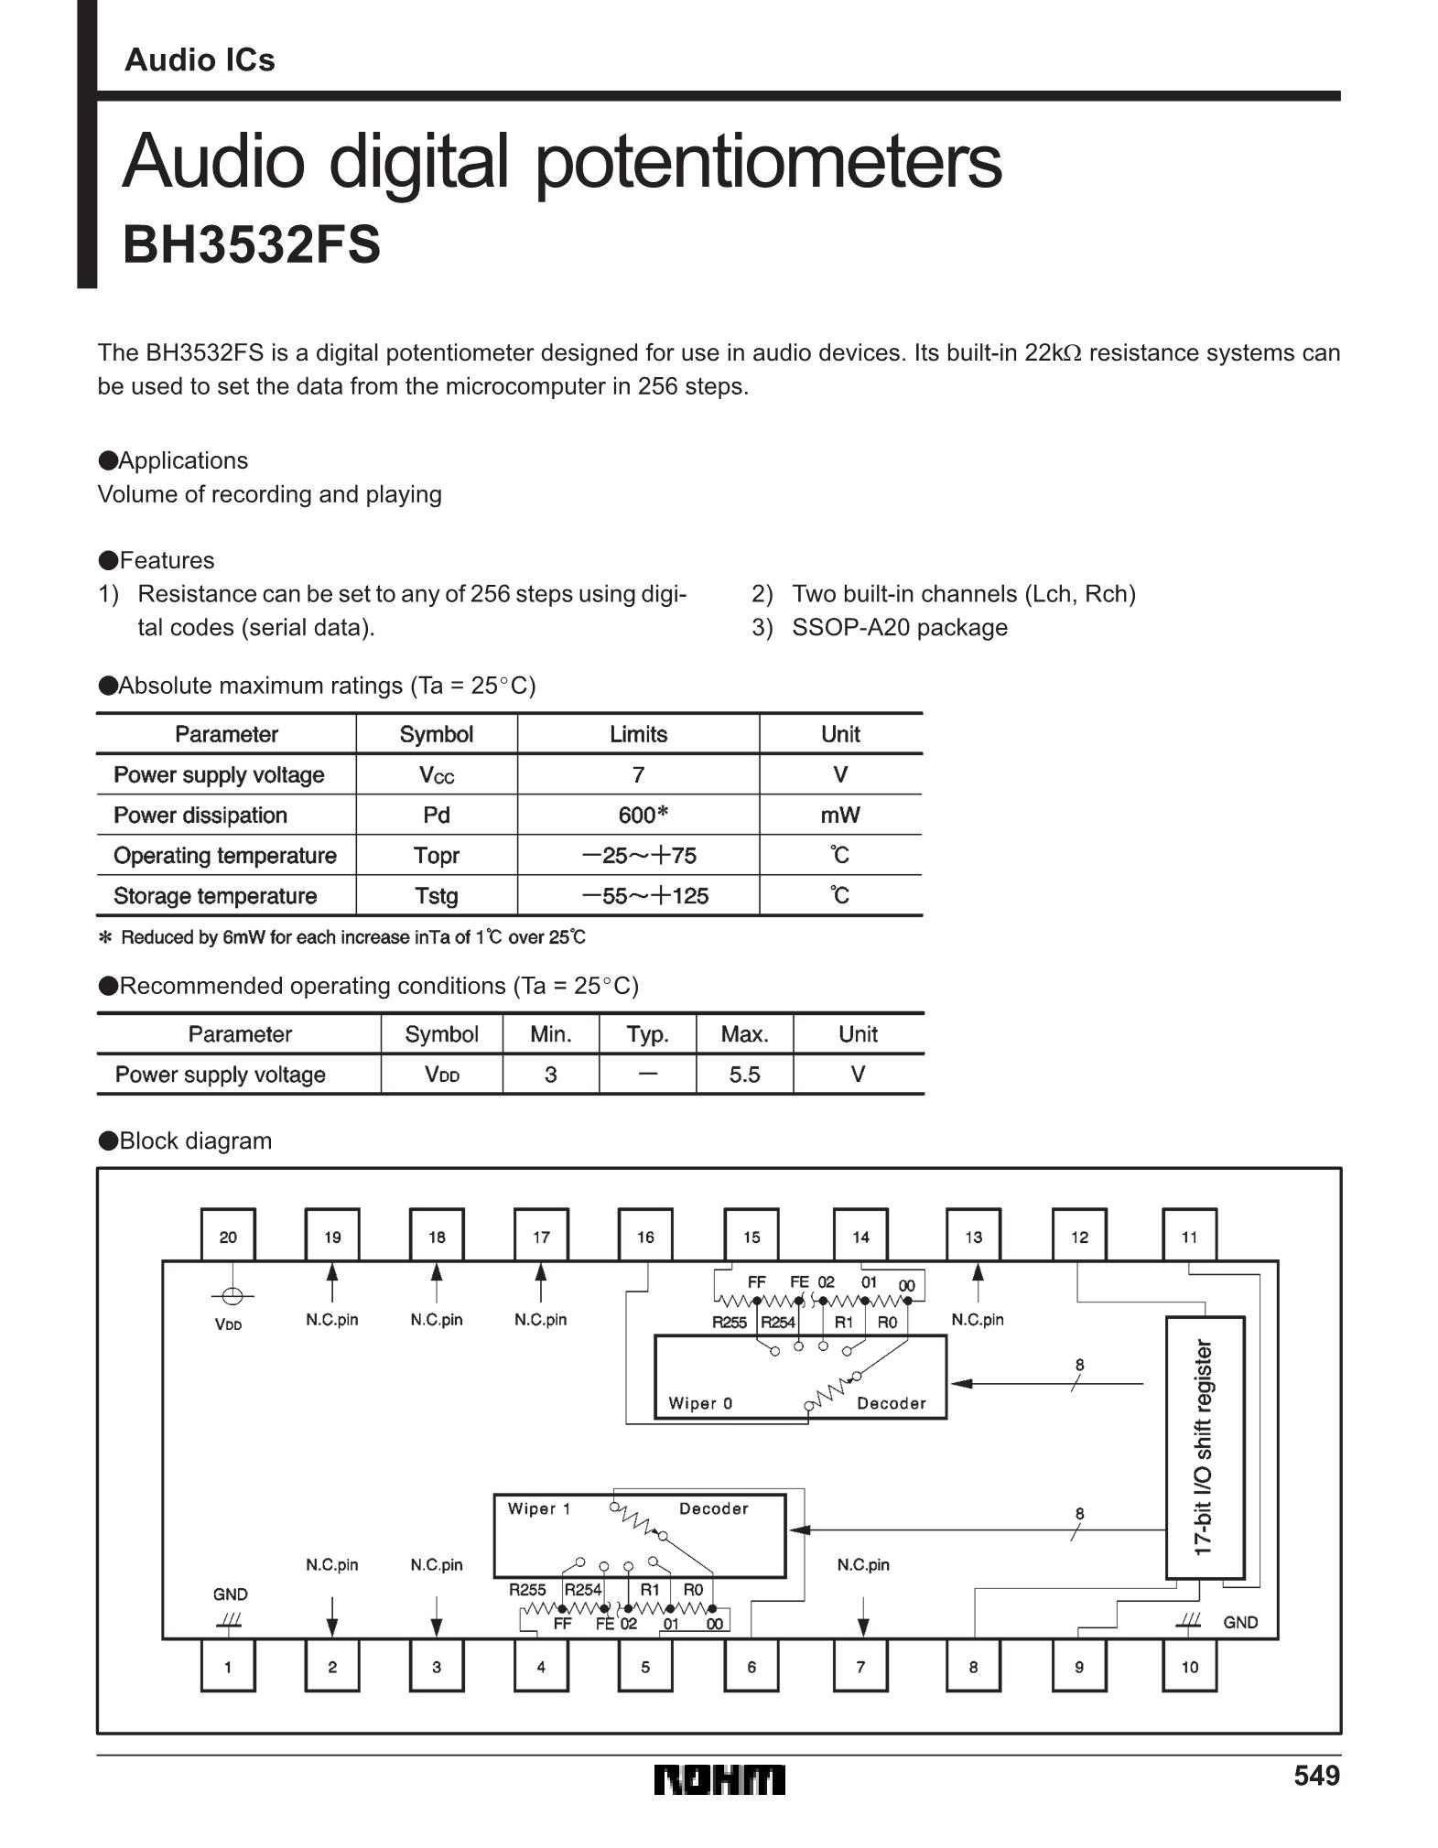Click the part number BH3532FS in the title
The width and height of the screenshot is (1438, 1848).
[x=251, y=245]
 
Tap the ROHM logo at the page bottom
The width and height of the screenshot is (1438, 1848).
[x=719, y=1778]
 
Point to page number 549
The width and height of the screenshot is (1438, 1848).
[x=1315, y=1776]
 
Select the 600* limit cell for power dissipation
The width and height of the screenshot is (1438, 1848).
[x=638, y=815]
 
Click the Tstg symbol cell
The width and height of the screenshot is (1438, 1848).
[x=436, y=895]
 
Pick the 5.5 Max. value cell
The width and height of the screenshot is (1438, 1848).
[x=744, y=1074]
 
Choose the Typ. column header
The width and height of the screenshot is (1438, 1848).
[x=647, y=1034]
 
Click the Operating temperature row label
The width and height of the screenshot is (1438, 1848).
[x=225, y=855]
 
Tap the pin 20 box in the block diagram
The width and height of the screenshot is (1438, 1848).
[x=228, y=1237]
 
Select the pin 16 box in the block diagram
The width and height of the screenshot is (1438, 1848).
[x=645, y=1237]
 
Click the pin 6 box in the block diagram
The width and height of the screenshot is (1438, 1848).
[x=751, y=1667]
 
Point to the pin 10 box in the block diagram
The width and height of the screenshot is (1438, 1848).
[x=1189, y=1667]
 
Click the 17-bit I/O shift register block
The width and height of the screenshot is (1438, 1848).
[x=1205, y=1447]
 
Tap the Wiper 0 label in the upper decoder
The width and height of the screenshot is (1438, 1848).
[x=700, y=1403]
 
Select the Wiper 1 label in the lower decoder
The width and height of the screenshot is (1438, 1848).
[x=539, y=1508]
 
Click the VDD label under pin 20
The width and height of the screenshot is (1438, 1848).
[x=228, y=1324]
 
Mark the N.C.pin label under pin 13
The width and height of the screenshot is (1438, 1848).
[x=977, y=1319]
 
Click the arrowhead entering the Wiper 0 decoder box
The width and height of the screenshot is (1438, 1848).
[x=960, y=1384]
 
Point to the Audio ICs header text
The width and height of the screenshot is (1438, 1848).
[x=200, y=59]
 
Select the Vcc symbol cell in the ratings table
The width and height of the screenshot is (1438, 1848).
[x=436, y=774]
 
